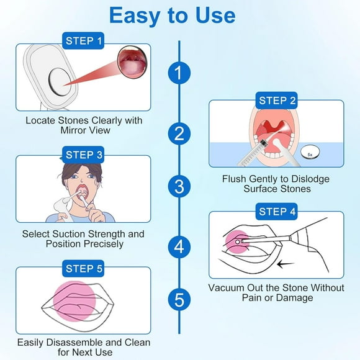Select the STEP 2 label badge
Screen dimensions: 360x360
pyautogui.click(x=277, y=101)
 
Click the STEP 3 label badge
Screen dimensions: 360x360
pyautogui.click(x=83, y=154)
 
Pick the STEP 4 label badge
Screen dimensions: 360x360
pyautogui.click(x=276, y=212)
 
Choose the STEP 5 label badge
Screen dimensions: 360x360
pyautogui.click(x=83, y=268)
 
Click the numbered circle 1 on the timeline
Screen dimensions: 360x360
pyautogui.click(x=179, y=73)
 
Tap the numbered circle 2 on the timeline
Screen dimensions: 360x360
pyautogui.click(x=179, y=133)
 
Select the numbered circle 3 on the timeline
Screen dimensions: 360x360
pyautogui.click(x=179, y=186)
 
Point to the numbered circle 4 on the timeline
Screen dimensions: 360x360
pyautogui.click(x=179, y=246)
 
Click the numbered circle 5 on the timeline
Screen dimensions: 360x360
pyautogui.click(x=179, y=300)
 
